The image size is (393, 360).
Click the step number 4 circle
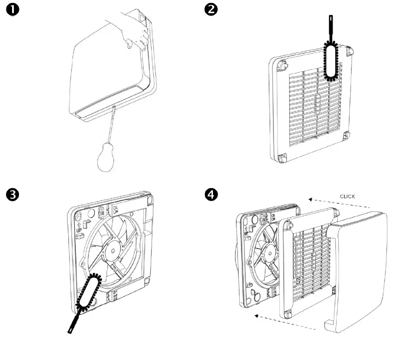(212, 195)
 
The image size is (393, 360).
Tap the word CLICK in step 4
(347, 196)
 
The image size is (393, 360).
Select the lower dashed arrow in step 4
(287, 322)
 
